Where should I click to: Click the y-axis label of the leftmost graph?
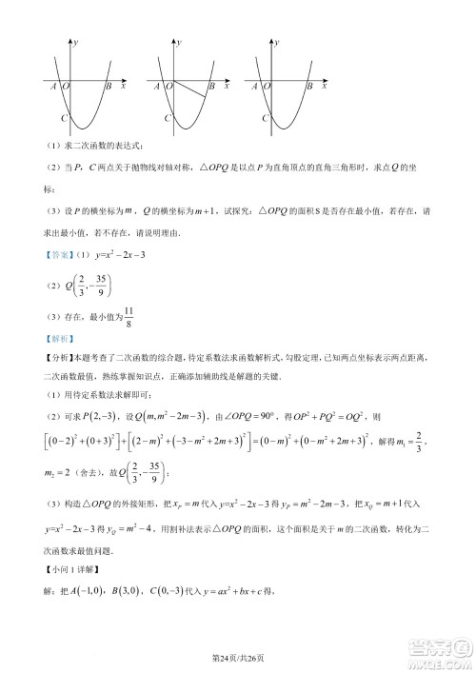tap(76, 44)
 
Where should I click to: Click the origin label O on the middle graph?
tap(169, 87)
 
